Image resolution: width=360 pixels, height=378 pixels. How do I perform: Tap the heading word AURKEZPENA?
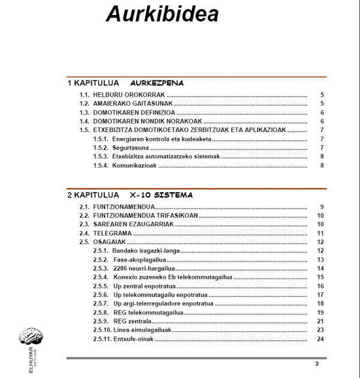pos(157,83)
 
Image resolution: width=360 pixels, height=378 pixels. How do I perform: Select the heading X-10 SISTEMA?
pos(161,195)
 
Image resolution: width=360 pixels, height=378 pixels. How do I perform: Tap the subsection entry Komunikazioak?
pos(134,165)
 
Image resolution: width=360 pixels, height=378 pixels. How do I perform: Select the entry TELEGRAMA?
pos(112,233)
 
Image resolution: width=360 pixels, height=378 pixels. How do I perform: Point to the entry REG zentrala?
pos(132,321)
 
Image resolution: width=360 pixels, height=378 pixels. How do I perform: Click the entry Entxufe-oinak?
pos(133,339)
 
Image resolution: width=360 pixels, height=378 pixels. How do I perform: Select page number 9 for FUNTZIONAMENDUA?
pos(322,206)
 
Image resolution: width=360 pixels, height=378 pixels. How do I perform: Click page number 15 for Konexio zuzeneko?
pos(320,277)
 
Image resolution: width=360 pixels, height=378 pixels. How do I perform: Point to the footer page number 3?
pos(317,364)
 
